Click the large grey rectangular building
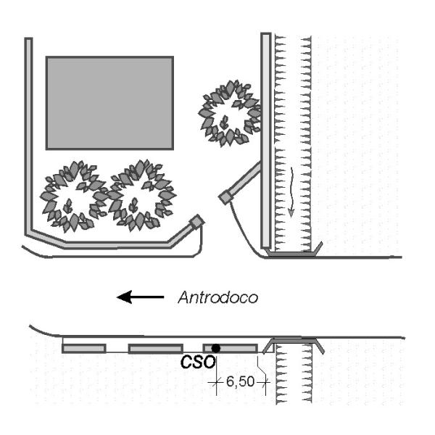[x=109, y=102]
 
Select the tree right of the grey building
[x=229, y=112]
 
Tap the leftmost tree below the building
[x=72, y=196]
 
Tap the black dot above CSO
[x=215, y=349]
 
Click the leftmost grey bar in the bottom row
[x=84, y=349]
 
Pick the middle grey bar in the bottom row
[x=155, y=349]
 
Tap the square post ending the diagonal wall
[x=227, y=196]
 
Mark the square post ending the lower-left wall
[x=196, y=221]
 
